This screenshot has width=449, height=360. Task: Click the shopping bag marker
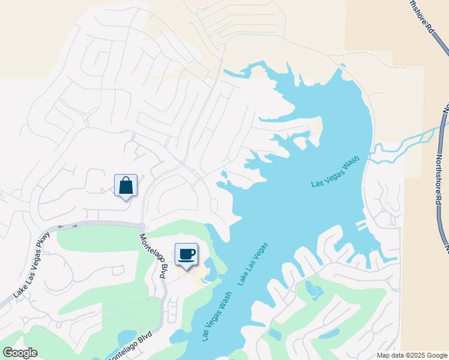[125, 185]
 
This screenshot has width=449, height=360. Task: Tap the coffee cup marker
[186, 254]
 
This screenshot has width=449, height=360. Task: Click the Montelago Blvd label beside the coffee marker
[153, 255]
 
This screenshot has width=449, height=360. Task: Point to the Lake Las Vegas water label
[252, 264]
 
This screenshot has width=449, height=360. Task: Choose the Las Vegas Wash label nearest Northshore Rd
[335, 172]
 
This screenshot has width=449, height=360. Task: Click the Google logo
[20, 353]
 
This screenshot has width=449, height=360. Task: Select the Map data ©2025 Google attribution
[412, 355]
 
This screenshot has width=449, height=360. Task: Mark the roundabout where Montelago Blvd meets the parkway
[142, 227]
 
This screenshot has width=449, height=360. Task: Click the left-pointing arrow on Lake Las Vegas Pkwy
[60, 227]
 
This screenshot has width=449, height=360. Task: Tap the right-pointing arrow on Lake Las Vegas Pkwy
[74, 226]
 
